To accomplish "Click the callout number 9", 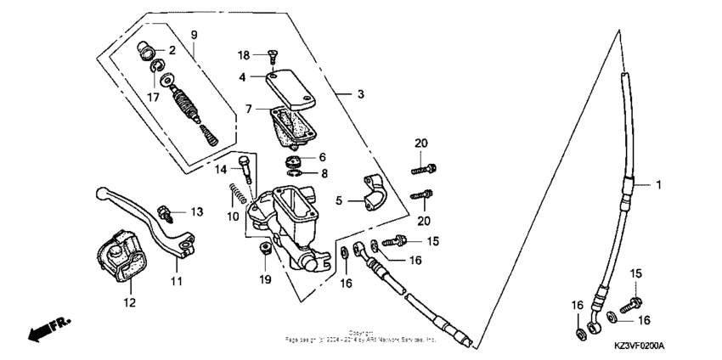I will pos(194,34).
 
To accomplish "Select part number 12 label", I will pos(131,301).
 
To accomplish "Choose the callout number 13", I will pos(197,211).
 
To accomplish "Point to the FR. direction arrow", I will pos(50,329).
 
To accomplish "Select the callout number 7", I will pos(249,109).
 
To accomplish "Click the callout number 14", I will pos(220,170).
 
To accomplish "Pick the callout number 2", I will pos(172,50).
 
